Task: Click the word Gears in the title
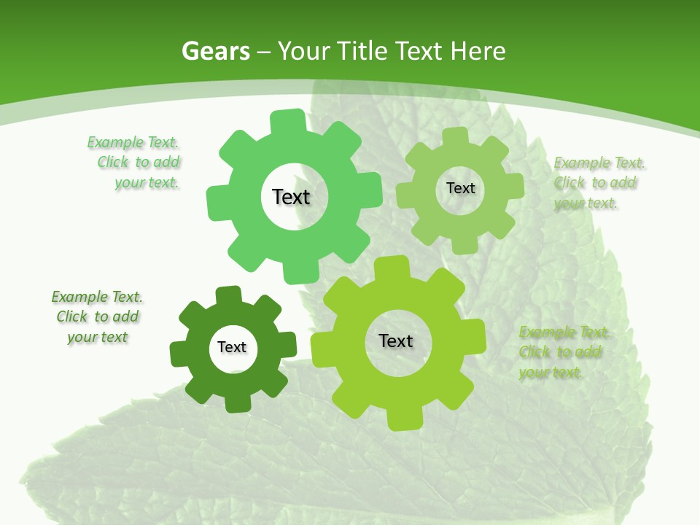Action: [x=215, y=51]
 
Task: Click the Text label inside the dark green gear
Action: [x=232, y=348]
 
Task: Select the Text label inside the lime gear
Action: [x=396, y=341]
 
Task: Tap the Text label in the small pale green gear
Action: [x=460, y=188]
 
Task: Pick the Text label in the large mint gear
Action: [x=291, y=197]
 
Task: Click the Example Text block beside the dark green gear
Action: [x=96, y=316]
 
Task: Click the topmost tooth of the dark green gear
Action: [x=228, y=294]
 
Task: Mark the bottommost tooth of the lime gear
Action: [x=403, y=421]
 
